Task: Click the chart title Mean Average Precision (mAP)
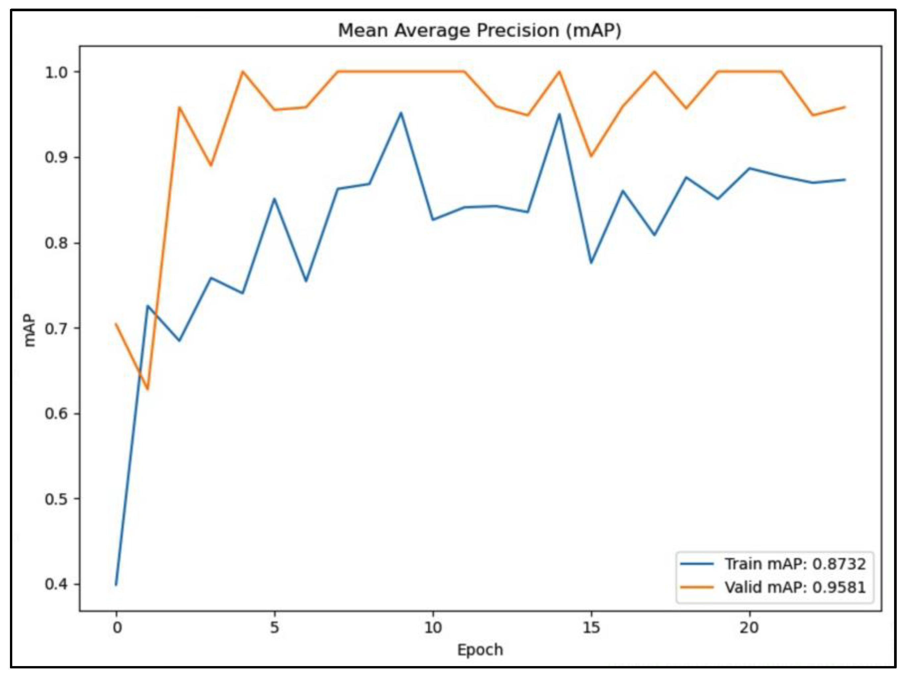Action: point(479,31)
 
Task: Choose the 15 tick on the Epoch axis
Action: point(591,627)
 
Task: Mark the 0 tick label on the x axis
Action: point(117,627)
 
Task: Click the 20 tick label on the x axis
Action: point(749,627)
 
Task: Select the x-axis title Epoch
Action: point(480,650)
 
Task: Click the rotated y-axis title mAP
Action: point(29,331)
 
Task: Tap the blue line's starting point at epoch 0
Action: point(117,584)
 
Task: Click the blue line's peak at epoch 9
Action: point(401,113)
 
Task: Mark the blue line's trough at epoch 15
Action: point(591,262)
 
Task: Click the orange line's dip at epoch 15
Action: point(591,156)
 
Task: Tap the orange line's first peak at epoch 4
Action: point(243,72)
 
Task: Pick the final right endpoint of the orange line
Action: point(845,107)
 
